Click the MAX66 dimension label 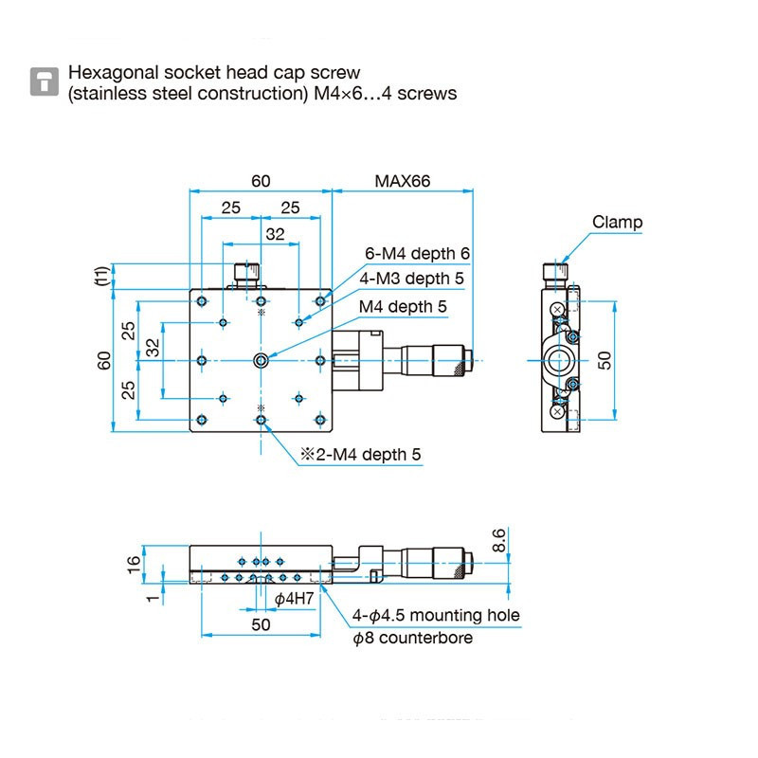tap(402, 180)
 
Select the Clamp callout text tap(617, 223)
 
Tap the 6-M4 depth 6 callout tap(418, 254)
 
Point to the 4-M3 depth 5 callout tap(412, 279)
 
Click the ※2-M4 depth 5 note tap(360, 455)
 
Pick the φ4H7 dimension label tap(294, 598)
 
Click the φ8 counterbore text tap(412, 638)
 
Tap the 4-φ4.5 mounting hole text tap(436, 615)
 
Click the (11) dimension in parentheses tap(100, 276)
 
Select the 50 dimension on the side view tap(605, 360)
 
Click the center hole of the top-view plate tap(261, 360)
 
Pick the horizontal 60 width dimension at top tap(261, 180)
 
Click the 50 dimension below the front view tap(261, 624)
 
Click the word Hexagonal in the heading tap(106, 73)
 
